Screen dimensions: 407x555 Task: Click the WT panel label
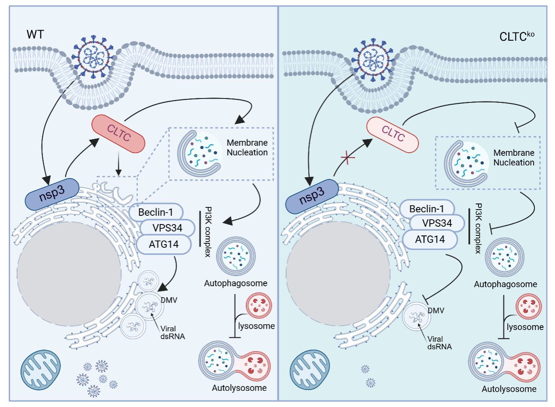35,34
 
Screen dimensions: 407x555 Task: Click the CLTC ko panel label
516,36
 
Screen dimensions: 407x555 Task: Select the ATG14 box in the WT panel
164,244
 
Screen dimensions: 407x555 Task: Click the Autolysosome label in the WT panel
239,388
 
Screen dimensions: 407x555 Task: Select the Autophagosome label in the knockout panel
506,284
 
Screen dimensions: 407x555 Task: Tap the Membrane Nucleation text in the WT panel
247,147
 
